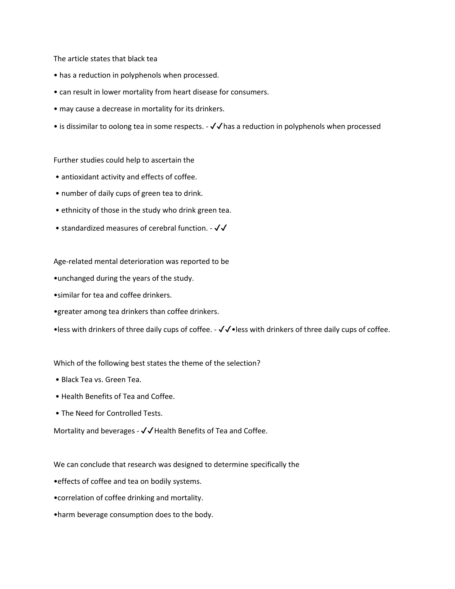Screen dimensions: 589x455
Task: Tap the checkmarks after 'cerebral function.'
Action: [221, 228]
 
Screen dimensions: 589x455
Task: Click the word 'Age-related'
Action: [73, 262]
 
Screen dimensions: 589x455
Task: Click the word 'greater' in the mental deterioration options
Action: [69, 312]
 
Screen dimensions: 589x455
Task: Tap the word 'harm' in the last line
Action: [66, 515]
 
